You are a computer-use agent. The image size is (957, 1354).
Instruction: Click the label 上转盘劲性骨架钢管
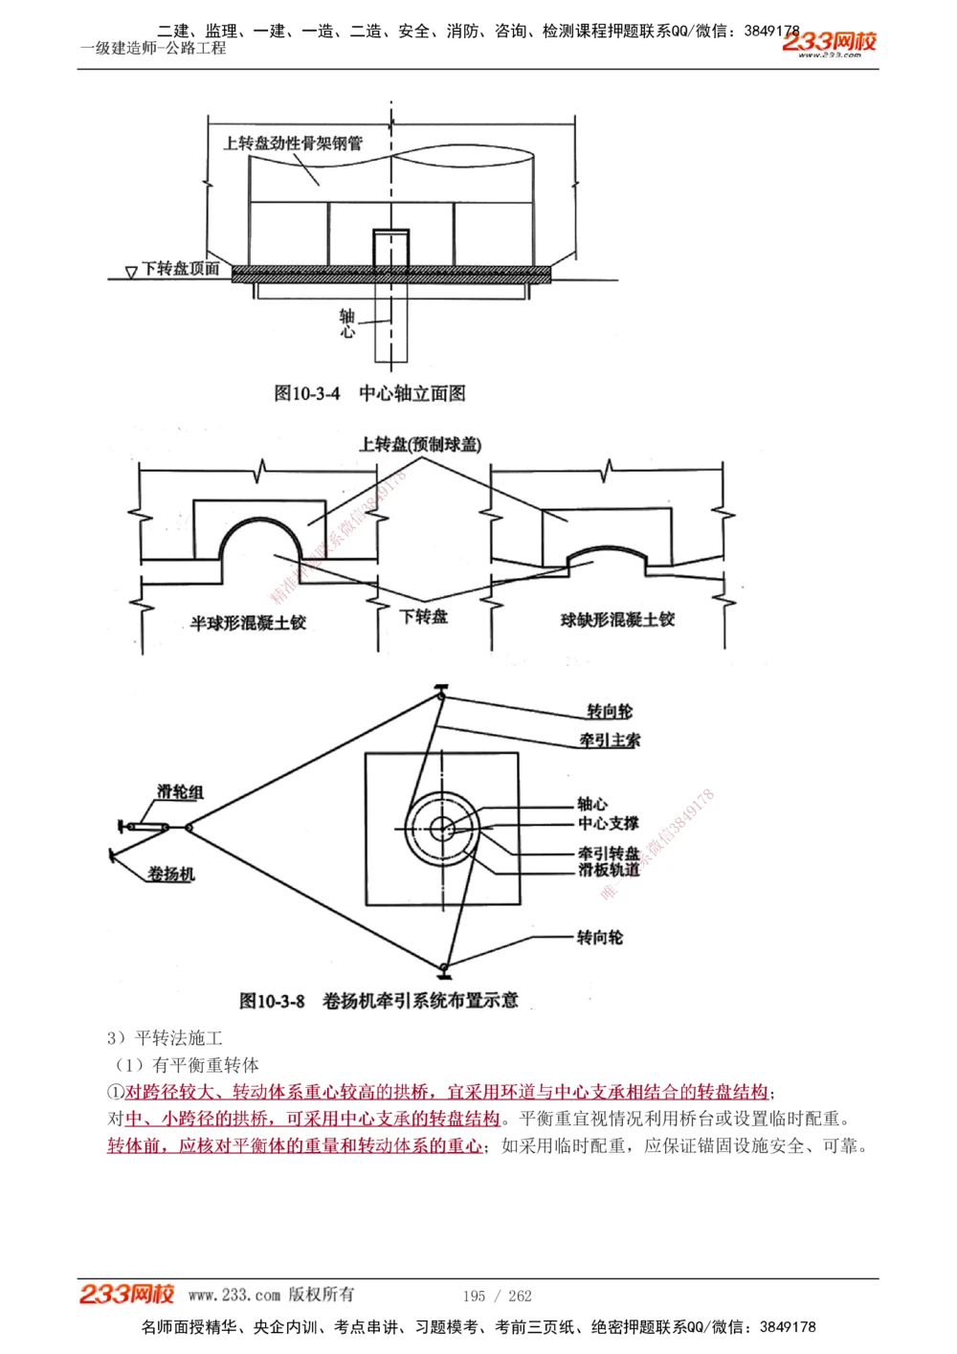[293, 144]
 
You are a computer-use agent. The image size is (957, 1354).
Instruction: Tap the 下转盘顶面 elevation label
[181, 269]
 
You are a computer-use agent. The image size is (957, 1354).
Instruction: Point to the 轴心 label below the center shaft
[346, 323]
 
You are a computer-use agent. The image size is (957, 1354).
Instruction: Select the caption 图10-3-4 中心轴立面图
[369, 393]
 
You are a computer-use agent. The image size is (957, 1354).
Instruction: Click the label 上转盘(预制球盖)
[420, 444]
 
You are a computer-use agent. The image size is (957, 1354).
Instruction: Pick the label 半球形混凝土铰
[248, 623]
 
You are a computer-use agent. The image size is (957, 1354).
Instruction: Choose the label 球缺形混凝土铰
[617, 620]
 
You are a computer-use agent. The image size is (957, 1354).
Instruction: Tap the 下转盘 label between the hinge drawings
[424, 617]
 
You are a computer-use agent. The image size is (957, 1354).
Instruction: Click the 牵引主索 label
[610, 740]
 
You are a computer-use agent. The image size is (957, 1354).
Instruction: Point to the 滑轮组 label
[180, 791]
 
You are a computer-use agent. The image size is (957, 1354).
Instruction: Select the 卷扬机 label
[171, 874]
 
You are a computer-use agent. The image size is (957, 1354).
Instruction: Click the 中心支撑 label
[608, 823]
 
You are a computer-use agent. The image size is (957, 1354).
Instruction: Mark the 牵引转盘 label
[608, 853]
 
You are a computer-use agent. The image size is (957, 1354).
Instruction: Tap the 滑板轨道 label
[608, 870]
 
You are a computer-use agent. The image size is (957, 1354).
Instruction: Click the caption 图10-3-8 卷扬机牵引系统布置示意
[378, 1001]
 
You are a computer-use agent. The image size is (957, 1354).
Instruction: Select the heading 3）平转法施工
[165, 1038]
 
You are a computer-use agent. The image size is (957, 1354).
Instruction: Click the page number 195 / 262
[497, 1296]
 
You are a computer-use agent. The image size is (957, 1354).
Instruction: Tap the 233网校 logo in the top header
[829, 42]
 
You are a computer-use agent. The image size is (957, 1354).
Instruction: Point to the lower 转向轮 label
[599, 938]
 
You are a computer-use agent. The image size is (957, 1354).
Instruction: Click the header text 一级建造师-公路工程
[153, 48]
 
